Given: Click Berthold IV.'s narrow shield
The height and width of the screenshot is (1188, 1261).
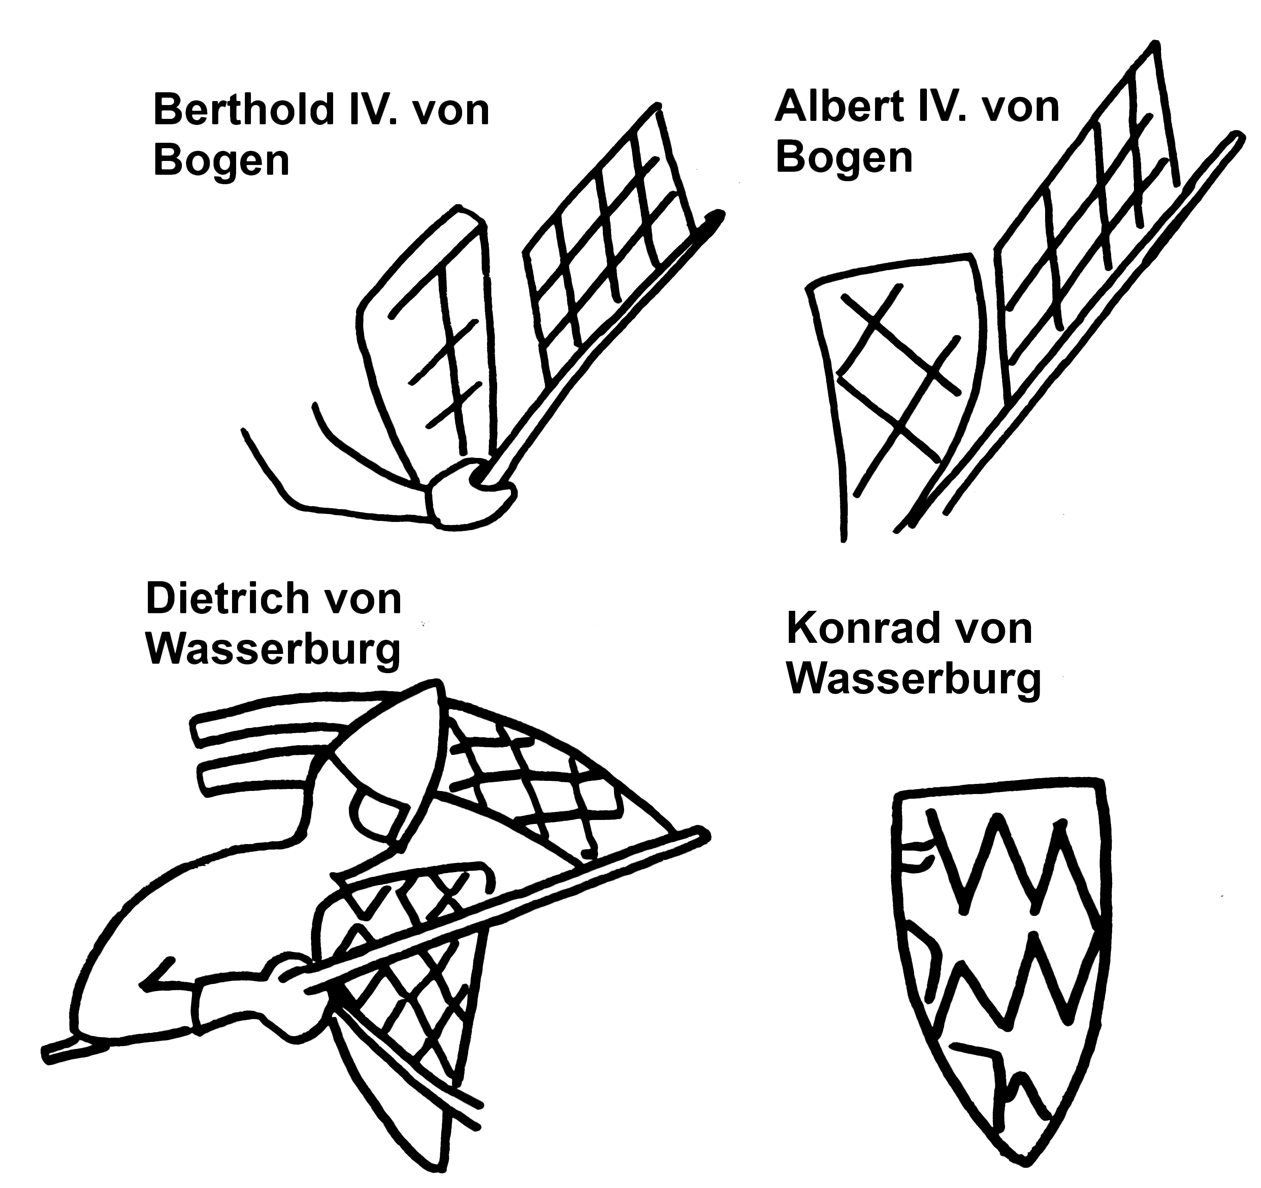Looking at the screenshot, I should pyautogui.click(x=438, y=336).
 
